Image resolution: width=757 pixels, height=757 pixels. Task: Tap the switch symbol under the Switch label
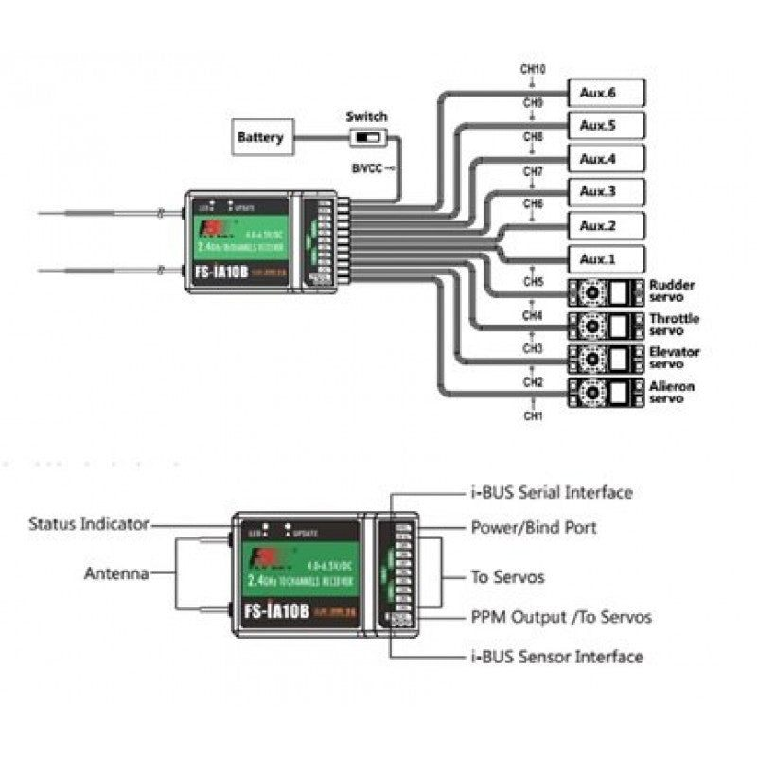(365, 139)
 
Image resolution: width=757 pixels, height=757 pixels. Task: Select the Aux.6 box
(606, 93)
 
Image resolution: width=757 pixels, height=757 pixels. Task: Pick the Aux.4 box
(606, 159)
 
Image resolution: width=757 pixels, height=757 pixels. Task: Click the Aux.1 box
(606, 259)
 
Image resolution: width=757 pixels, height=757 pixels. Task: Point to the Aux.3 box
(606, 192)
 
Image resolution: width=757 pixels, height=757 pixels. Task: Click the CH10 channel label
(533, 70)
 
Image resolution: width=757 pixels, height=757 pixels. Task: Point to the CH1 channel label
(533, 415)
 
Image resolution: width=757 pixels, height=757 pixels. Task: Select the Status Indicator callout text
(89, 523)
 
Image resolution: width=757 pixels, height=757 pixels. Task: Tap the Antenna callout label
(116, 573)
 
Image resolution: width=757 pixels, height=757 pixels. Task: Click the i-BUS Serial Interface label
(552, 492)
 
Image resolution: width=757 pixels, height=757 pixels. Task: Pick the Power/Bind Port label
(534, 527)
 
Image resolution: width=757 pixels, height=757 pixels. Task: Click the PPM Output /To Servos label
(561, 617)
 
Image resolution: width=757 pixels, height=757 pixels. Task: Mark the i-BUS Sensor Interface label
(557, 657)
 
